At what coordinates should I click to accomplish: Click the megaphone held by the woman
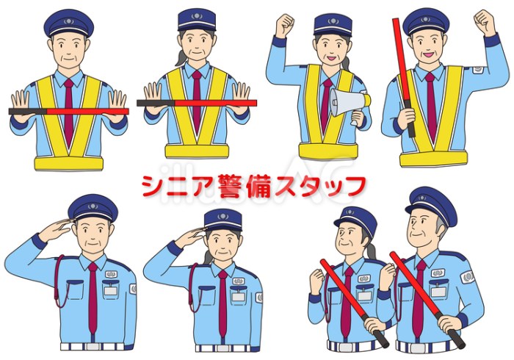point(350,102)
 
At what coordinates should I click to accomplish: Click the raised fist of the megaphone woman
point(284,25)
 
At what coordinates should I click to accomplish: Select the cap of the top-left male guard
point(69,23)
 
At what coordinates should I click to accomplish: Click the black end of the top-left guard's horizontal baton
point(28,112)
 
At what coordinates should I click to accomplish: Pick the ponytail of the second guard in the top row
point(181,58)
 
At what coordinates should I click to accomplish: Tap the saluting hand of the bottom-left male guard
point(56,229)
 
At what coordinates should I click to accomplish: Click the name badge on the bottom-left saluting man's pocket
point(110,291)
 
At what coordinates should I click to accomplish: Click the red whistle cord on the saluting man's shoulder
point(59,282)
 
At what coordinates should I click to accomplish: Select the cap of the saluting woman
point(223,219)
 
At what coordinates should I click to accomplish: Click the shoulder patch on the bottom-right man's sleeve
point(468,278)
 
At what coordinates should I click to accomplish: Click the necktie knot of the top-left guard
point(68,83)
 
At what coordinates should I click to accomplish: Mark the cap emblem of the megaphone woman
point(333,21)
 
